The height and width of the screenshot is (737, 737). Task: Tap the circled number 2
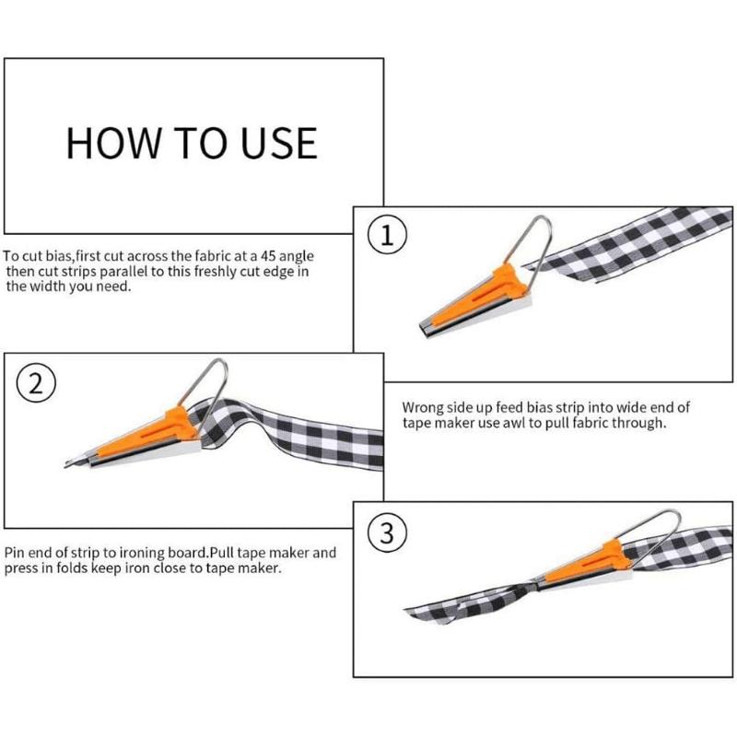pyautogui.click(x=35, y=383)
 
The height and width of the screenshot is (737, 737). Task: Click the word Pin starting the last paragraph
pyautogui.click(x=15, y=553)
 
